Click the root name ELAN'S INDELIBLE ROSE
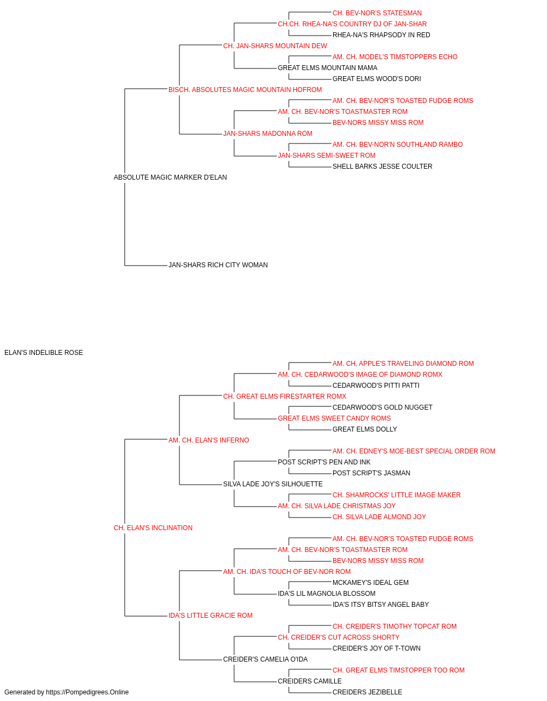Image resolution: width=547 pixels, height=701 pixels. [x=44, y=353]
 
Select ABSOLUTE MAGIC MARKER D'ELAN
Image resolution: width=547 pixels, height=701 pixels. [x=170, y=177]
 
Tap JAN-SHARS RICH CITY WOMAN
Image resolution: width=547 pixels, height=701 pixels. [x=218, y=265]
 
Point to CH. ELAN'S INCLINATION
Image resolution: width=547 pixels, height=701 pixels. [x=153, y=528]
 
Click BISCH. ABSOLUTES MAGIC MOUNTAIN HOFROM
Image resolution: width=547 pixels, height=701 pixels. [x=245, y=90]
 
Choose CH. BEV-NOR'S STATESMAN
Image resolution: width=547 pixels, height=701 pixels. [x=377, y=13]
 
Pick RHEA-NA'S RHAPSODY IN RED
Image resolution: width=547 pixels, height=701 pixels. [x=381, y=35]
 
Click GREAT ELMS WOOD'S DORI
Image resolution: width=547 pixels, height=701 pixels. [x=376, y=79]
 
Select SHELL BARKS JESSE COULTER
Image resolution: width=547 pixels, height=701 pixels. [x=382, y=166]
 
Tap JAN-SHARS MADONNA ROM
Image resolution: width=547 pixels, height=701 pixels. [x=267, y=134]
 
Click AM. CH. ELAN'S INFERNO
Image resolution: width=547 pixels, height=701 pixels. [x=209, y=440]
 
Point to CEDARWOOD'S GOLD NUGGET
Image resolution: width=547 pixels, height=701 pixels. [x=382, y=407]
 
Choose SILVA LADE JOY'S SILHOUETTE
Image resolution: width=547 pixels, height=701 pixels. [x=273, y=484]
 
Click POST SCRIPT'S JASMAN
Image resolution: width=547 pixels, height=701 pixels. [x=371, y=473]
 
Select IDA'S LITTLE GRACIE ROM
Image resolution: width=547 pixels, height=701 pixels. [x=211, y=616]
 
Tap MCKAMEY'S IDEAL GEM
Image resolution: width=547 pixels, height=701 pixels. [x=370, y=583]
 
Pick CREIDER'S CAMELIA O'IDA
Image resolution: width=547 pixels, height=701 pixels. [x=265, y=659]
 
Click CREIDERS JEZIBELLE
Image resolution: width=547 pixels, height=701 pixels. [x=367, y=692]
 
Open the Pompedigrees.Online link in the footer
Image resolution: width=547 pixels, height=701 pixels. [x=87, y=692]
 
